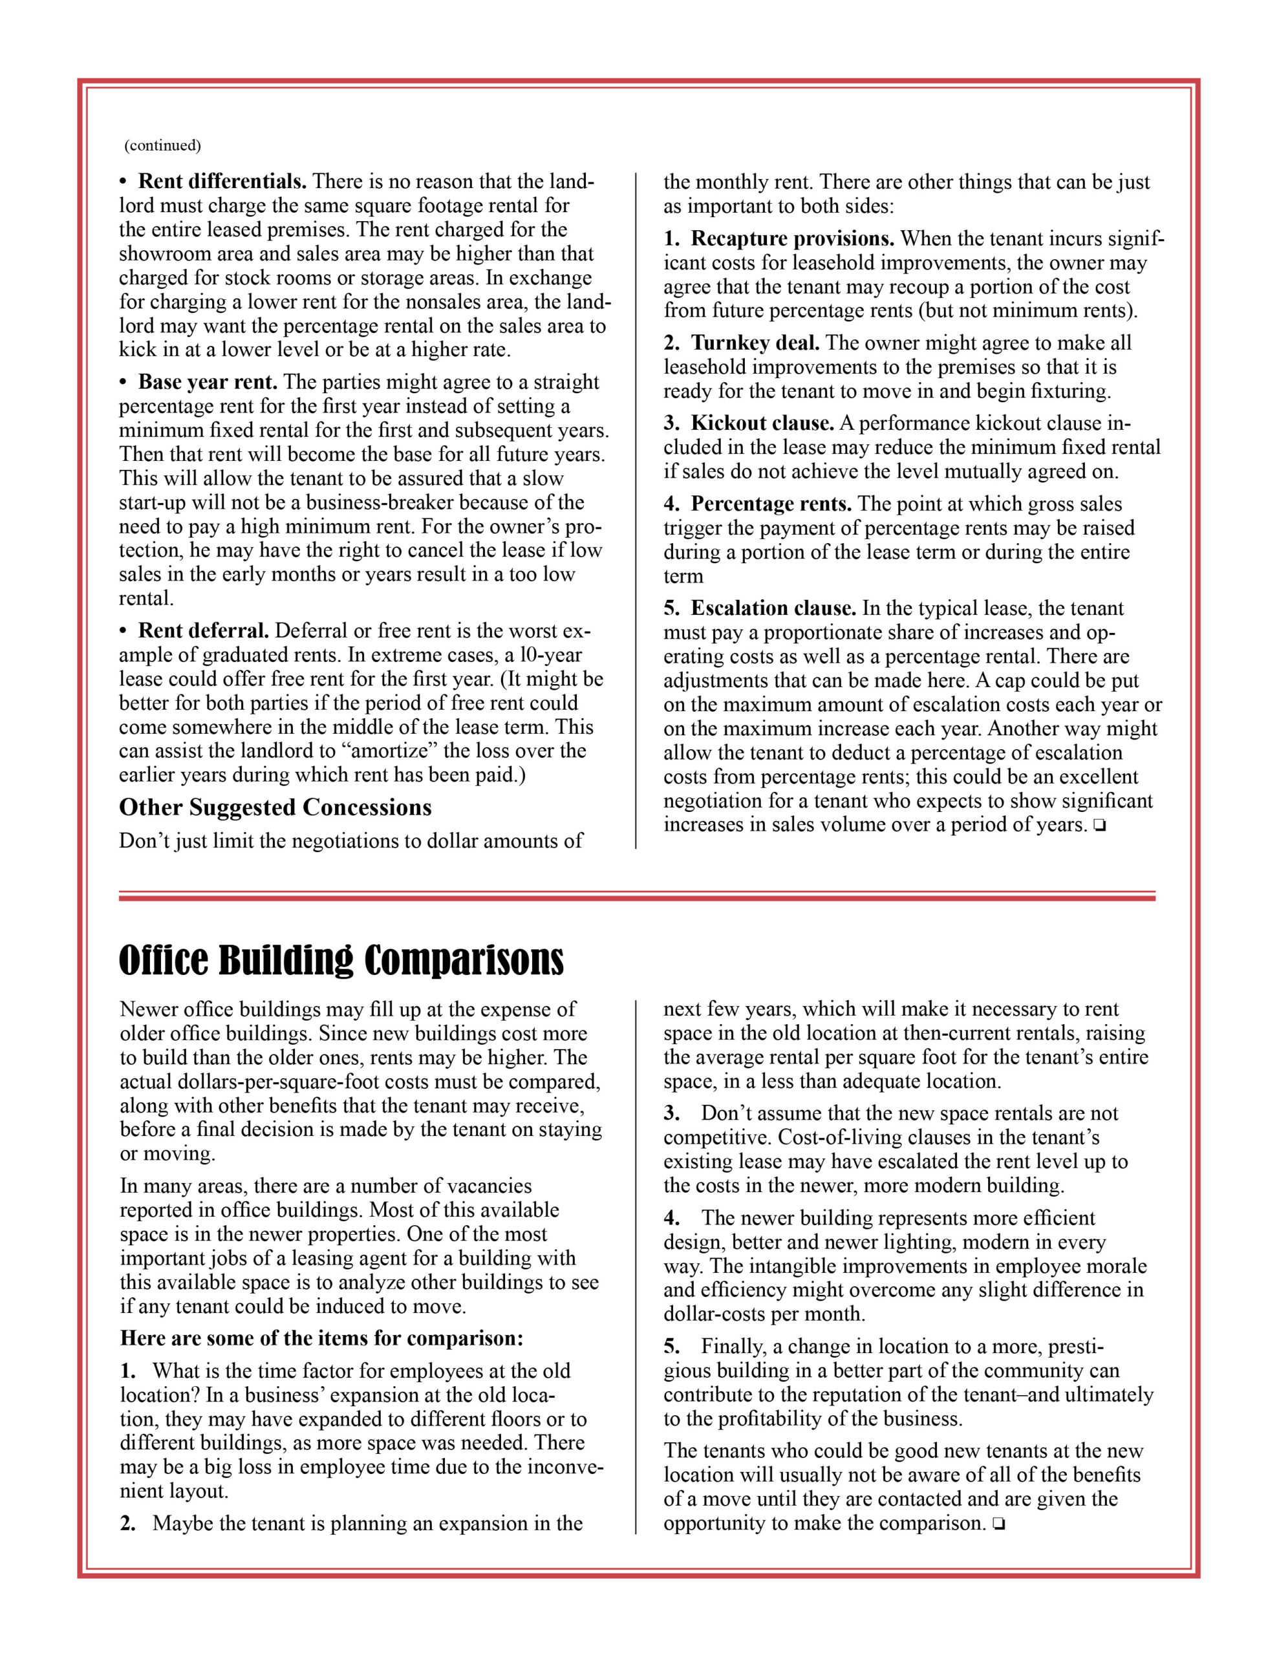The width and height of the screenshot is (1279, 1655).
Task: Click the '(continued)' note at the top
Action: pyautogui.click(x=163, y=145)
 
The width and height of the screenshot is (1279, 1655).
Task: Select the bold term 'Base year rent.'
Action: pyautogui.click(x=208, y=382)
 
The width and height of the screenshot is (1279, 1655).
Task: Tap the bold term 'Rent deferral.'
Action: pyautogui.click(x=203, y=630)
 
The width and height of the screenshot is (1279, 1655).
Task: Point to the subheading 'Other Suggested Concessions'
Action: pyautogui.click(x=275, y=808)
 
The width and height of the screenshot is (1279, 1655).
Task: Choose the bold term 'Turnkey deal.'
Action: pyautogui.click(x=755, y=343)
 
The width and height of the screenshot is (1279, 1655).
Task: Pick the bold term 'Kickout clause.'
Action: pyautogui.click(x=762, y=423)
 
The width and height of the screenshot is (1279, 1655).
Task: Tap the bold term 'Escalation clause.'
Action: pyautogui.click(x=773, y=608)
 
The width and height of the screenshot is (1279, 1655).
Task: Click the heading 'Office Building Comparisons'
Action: pyautogui.click(x=341, y=961)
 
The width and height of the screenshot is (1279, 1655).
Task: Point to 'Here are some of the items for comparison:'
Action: pyautogui.click(x=321, y=1339)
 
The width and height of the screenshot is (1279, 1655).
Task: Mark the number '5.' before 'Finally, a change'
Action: pyautogui.click(x=672, y=1347)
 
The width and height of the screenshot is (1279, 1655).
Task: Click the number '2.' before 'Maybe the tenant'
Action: pyautogui.click(x=128, y=1524)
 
